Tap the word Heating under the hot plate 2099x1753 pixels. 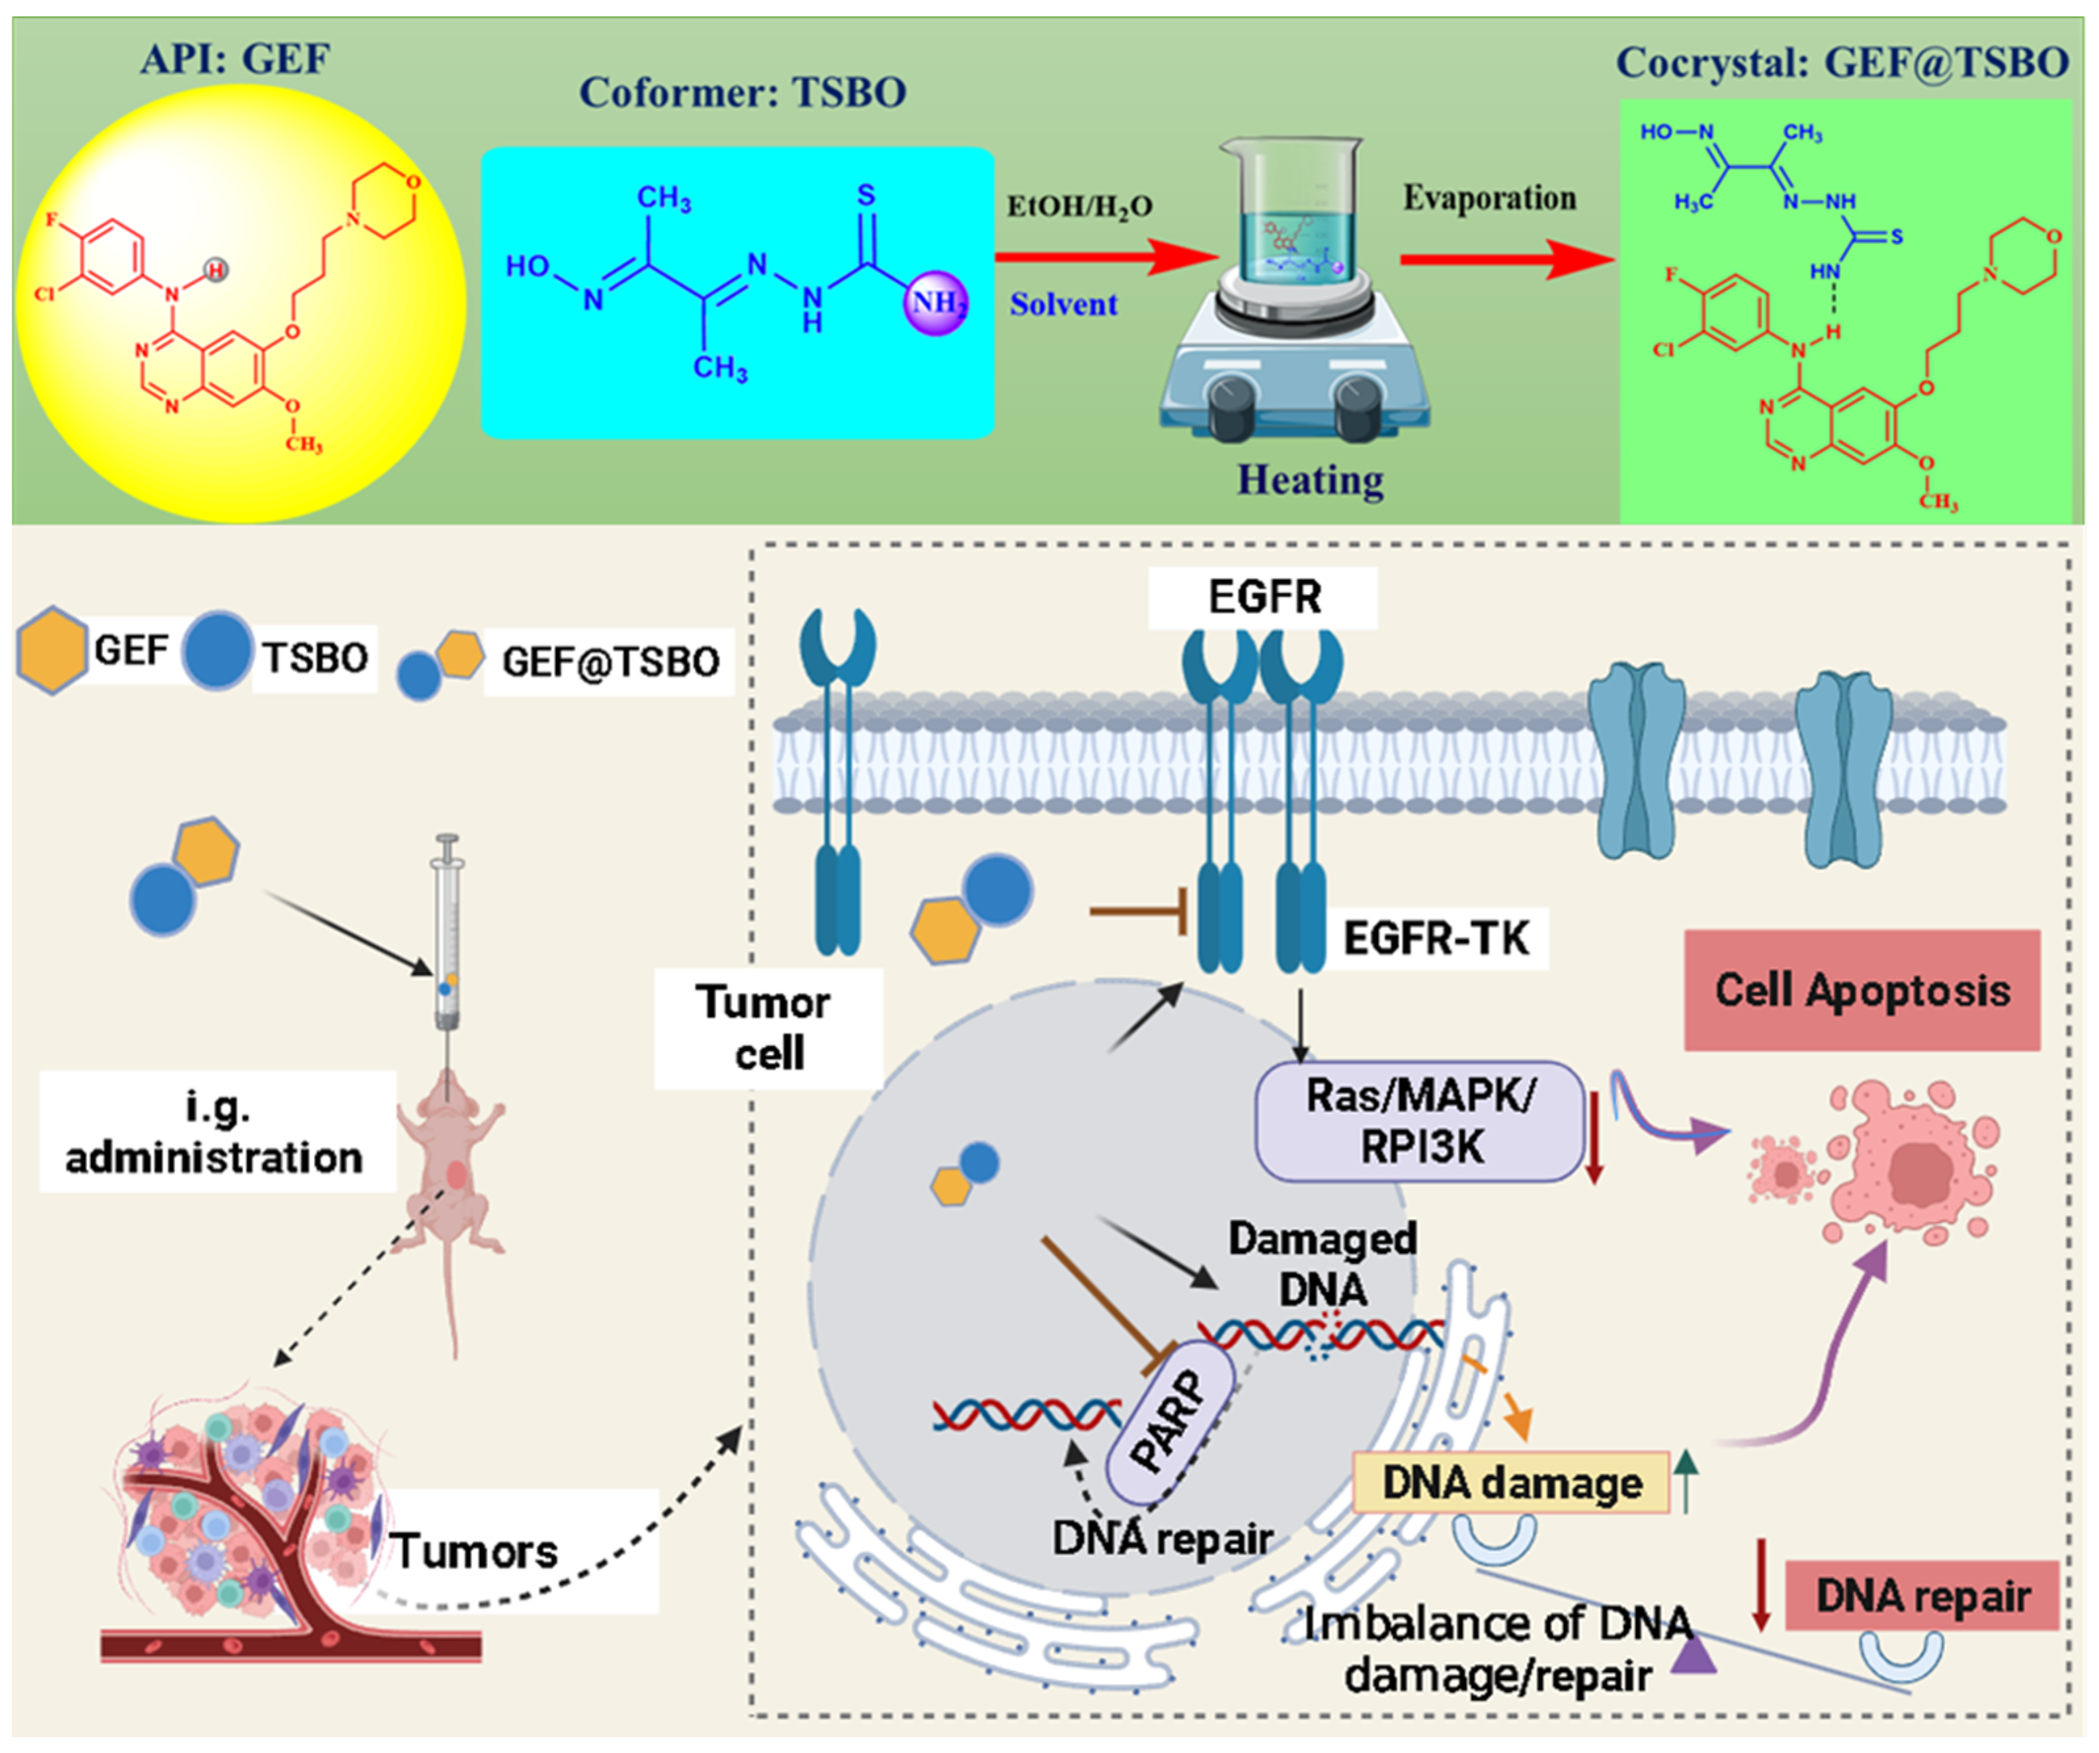[1310, 480]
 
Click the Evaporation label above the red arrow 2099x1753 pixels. [1490, 198]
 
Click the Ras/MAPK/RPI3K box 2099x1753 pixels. [1419, 1121]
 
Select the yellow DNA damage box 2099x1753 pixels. [1511, 1482]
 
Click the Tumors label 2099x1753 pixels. [475, 1552]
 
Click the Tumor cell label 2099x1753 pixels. [766, 1028]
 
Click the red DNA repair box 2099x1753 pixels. [1921, 1596]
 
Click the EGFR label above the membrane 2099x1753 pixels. [1264, 597]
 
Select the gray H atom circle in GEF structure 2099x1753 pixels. [216, 270]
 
